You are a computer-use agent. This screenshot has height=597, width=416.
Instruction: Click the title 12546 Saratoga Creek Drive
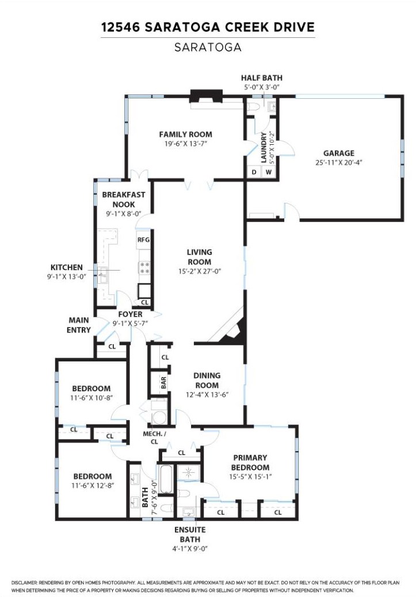coord(208,27)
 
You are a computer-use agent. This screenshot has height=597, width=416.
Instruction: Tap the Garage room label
coord(338,153)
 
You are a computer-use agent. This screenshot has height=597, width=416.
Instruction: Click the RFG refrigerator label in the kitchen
coord(143,240)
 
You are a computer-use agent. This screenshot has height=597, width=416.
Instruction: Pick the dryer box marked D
coord(254,172)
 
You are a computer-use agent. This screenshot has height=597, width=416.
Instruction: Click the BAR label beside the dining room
coord(163,383)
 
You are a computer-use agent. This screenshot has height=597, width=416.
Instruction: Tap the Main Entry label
coord(79,325)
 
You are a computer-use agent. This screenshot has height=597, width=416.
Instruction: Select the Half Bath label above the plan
coord(261,78)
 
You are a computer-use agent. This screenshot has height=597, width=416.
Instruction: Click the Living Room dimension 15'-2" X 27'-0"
coord(199,272)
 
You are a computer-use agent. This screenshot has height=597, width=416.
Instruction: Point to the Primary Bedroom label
coord(250,463)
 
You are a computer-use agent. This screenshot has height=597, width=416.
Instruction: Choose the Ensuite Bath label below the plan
coord(190,534)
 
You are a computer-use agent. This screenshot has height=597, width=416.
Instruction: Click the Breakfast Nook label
coord(124,199)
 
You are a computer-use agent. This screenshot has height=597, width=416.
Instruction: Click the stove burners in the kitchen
coord(144,267)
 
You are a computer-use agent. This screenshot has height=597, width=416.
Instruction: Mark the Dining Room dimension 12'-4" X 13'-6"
coord(207,395)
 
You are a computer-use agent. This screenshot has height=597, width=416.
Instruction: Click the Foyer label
coord(131,314)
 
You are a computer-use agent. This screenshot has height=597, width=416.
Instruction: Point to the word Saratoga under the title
coord(208,48)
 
